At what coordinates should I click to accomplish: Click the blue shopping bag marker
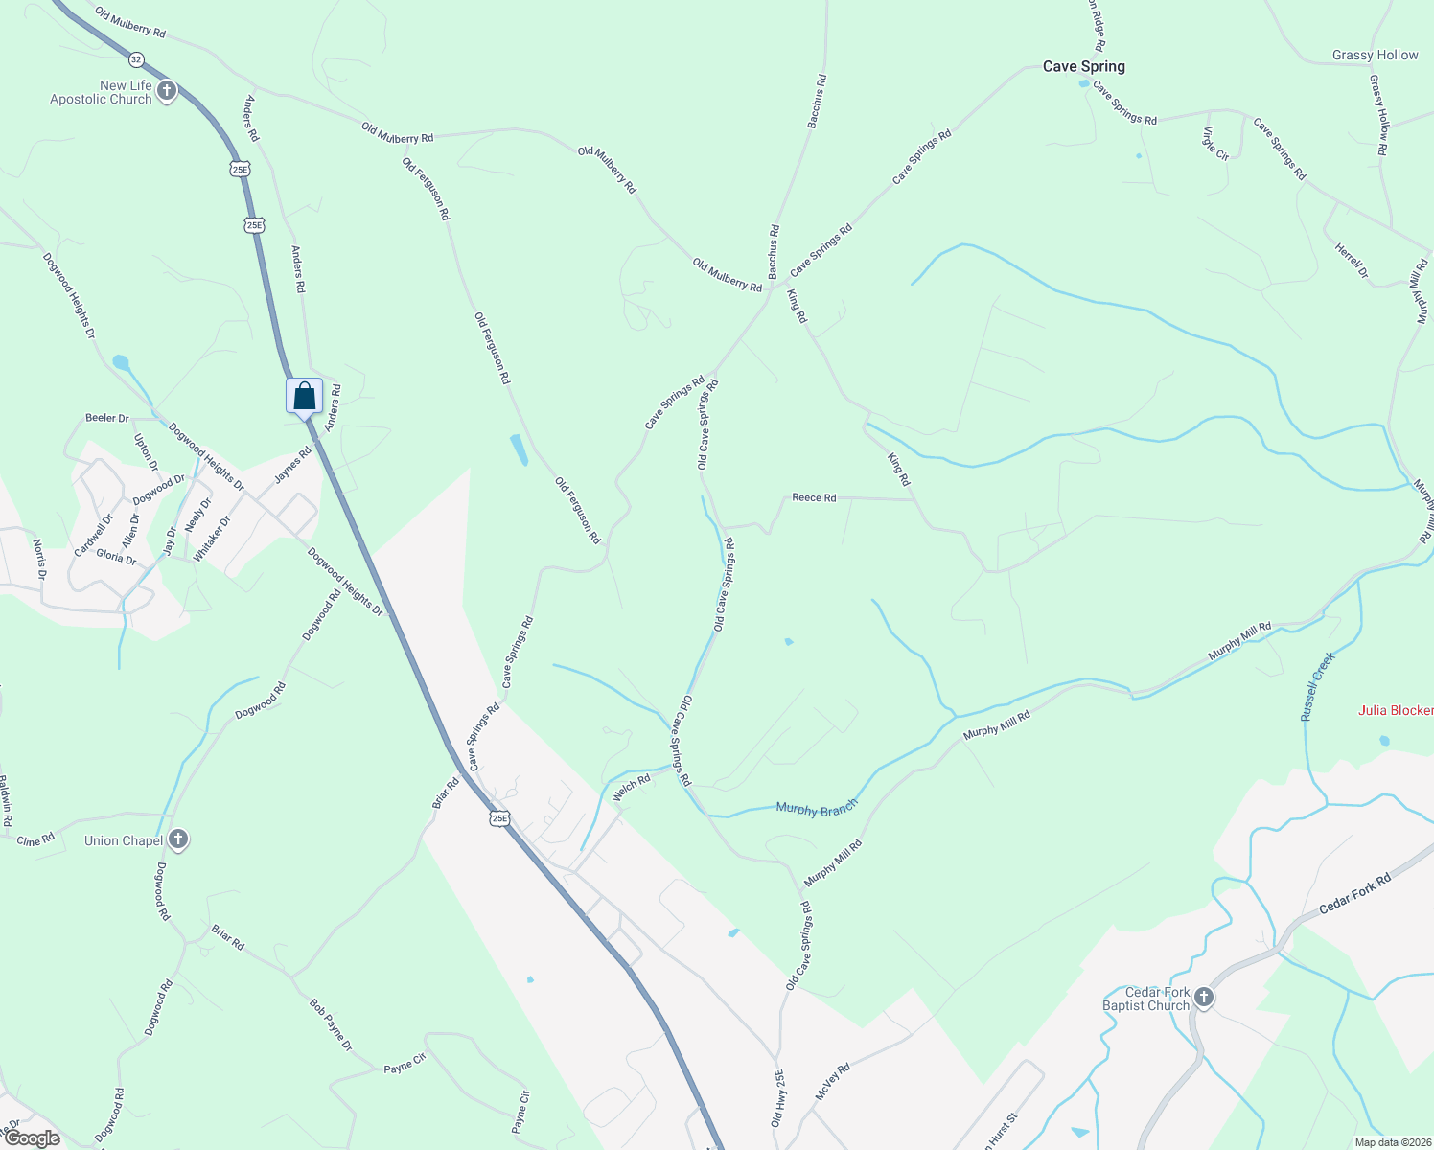point(304,395)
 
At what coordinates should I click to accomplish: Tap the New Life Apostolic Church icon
point(167,92)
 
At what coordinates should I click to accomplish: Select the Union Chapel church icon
point(177,840)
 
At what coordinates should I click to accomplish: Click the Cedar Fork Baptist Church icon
point(1204,999)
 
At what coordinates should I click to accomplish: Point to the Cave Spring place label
point(1083,66)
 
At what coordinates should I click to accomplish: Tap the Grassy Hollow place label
point(1375,55)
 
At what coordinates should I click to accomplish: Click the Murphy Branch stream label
point(817,809)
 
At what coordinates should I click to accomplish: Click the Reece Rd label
point(814,497)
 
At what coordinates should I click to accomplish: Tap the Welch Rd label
point(632,788)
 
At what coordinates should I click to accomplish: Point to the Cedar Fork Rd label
point(1354,894)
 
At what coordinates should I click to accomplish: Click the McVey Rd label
point(832,1082)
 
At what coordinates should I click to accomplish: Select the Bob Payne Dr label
point(331,1024)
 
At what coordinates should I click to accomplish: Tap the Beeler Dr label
point(106,418)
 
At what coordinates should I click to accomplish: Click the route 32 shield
point(136,59)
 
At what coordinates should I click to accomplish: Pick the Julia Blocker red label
point(1396,710)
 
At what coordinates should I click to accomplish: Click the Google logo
point(32,1138)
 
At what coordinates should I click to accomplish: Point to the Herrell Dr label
point(1352,261)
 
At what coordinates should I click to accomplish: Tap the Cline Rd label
point(35,840)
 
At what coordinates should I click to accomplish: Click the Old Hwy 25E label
point(777,1097)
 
